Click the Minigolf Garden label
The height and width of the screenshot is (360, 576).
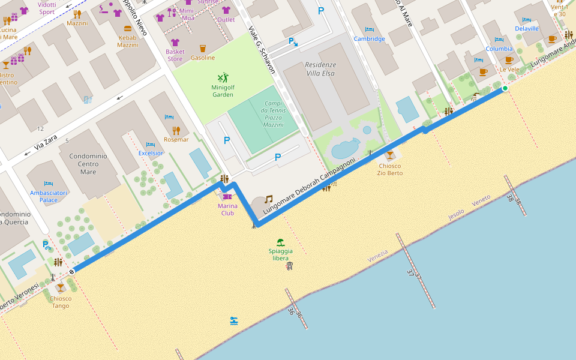[x=223, y=91]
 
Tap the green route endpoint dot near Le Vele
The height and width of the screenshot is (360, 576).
[x=505, y=89]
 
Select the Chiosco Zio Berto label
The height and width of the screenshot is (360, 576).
[x=389, y=169]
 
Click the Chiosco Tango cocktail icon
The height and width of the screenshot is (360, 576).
[x=60, y=289]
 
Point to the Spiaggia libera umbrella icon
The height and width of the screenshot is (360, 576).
[x=280, y=243]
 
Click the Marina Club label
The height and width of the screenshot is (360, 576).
[x=227, y=209]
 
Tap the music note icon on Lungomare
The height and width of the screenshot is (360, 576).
[x=269, y=199]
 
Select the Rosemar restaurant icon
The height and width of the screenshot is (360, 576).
[x=176, y=130]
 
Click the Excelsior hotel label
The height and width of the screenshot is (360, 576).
[x=151, y=153]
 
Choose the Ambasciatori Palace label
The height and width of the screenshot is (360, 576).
[x=49, y=196]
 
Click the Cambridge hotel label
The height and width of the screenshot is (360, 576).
[x=369, y=39]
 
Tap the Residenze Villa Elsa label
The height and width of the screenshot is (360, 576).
[x=320, y=69]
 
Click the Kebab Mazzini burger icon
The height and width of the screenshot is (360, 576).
[x=127, y=29]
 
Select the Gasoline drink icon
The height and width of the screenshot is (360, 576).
[x=203, y=49]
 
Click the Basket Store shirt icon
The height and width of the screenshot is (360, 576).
[x=175, y=43]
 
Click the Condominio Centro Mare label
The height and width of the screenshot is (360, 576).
[x=88, y=164]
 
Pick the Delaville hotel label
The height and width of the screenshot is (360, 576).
[x=527, y=28]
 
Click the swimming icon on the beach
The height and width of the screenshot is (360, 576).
[x=234, y=321]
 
